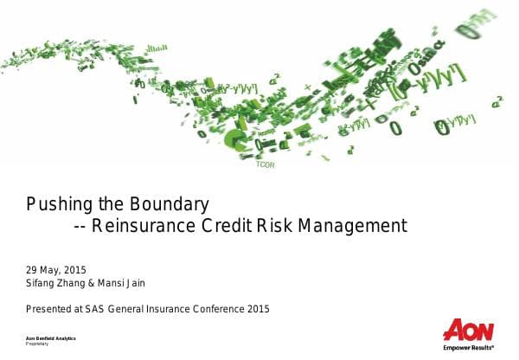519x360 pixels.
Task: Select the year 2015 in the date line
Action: (x=76, y=269)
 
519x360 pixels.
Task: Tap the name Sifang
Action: (x=43, y=283)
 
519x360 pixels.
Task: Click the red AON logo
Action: (x=468, y=331)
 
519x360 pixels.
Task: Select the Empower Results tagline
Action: (x=468, y=348)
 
